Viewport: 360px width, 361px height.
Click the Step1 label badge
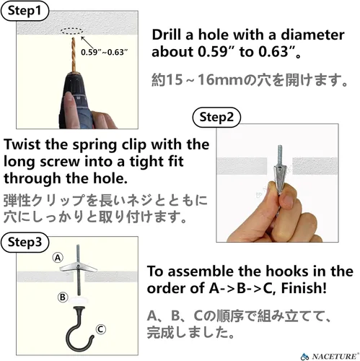click(x=25, y=11)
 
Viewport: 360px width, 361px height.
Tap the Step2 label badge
click(x=216, y=117)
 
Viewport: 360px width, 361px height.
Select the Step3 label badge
click(x=25, y=242)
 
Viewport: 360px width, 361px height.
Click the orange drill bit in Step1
click(x=74, y=54)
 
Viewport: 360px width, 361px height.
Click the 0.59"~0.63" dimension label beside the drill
click(x=104, y=52)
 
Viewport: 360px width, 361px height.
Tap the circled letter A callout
click(x=58, y=258)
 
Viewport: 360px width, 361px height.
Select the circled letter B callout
click(x=63, y=297)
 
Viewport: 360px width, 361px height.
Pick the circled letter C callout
click(x=101, y=329)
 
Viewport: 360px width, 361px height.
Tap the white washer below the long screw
click(x=79, y=300)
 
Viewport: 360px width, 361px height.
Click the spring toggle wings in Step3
click(x=78, y=267)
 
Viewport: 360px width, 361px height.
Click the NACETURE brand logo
click(x=330, y=356)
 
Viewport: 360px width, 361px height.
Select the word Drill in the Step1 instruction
click(x=166, y=35)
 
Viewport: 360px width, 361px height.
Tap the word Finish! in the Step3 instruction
click(x=304, y=288)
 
